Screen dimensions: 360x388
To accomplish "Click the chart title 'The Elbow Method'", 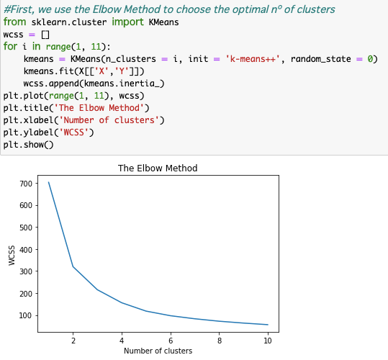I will (157, 168).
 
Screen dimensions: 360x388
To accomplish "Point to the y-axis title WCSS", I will (12, 256).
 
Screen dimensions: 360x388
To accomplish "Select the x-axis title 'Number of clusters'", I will (158, 351).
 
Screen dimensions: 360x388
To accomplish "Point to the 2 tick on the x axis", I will (73, 339).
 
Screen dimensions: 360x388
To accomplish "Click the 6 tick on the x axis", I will (170, 339).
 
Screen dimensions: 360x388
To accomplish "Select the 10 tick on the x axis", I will (267, 339).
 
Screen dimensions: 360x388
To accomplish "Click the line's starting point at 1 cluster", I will (49, 182).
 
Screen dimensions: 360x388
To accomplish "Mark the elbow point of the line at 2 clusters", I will (73, 266).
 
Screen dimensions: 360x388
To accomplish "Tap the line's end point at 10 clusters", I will (267, 325).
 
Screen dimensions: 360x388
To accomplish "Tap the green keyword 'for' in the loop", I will (10, 47).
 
